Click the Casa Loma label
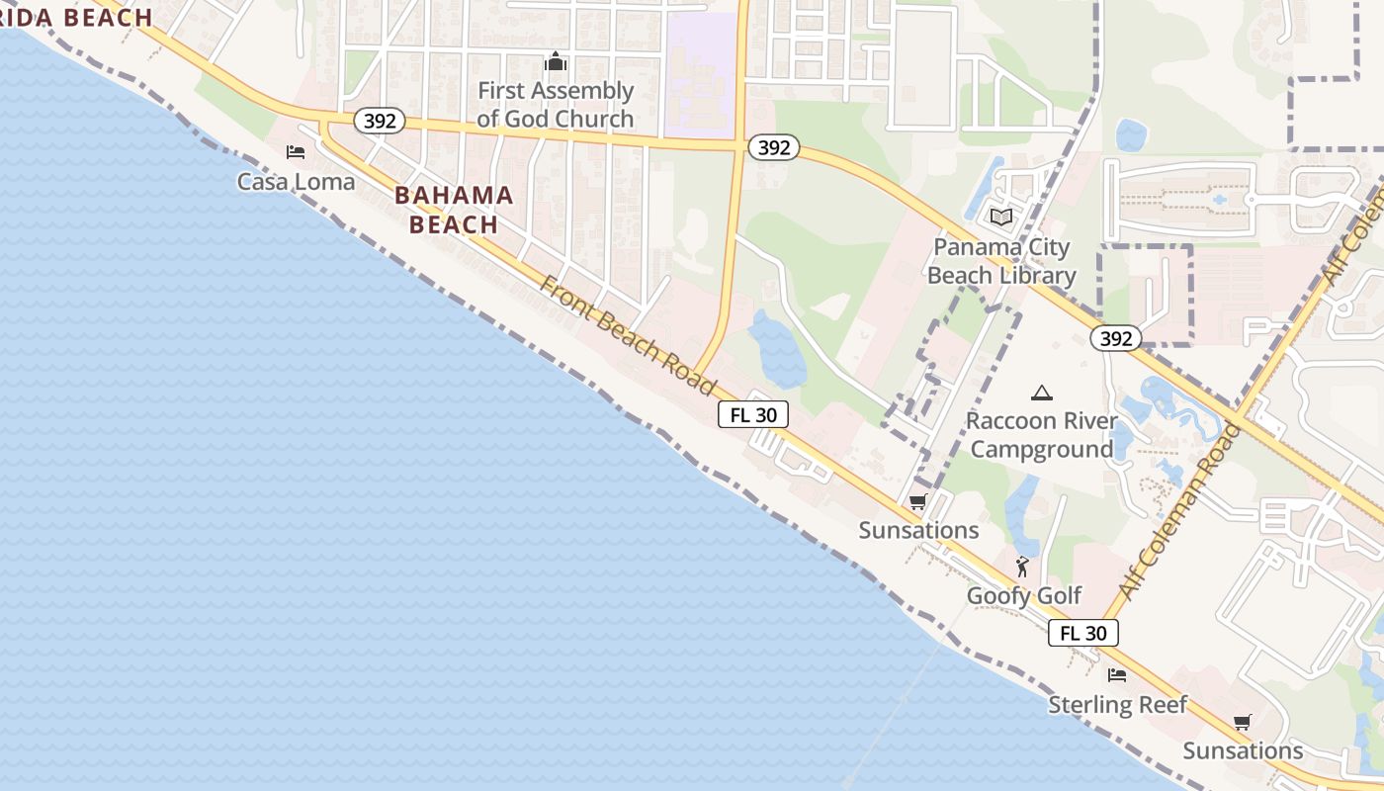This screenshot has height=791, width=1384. pyautogui.click(x=296, y=181)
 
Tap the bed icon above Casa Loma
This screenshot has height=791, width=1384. pyautogui.click(x=295, y=152)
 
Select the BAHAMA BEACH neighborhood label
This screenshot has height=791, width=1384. pyautogui.click(x=454, y=210)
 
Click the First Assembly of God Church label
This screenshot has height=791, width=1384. pyautogui.click(x=555, y=105)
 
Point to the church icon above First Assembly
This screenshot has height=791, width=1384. pyautogui.click(x=556, y=62)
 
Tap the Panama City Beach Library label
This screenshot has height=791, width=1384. pyautogui.click(x=1001, y=261)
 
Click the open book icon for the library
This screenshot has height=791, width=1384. pyautogui.click(x=1001, y=217)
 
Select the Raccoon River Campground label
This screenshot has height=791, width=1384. pyautogui.click(x=1041, y=435)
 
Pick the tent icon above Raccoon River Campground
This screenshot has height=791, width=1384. pyautogui.click(x=1041, y=394)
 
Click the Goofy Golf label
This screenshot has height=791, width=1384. pyautogui.click(x=1024, y=595)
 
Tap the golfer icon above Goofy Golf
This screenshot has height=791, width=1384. pyautogui.click(x=1023, y=567)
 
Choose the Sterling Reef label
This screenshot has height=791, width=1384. pyautogui.click(x=1117, y=704)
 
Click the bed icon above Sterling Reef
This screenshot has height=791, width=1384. pyautogui.click(x=1117, y=675)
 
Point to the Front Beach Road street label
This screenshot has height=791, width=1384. pyautogui.click(x=628, y=336)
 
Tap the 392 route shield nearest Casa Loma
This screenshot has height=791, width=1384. pyautogui.click(x=380, y=121)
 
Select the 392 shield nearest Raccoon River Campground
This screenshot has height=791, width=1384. pyautogui.click(x=1116, y=338)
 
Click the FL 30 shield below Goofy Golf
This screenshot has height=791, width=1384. pyautogui.click(x=1082, y=633)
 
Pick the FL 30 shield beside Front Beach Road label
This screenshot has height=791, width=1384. pyautogui.click(x=752, y=415)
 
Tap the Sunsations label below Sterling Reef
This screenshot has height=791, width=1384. pyautogui.click(x=1243, y=750)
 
